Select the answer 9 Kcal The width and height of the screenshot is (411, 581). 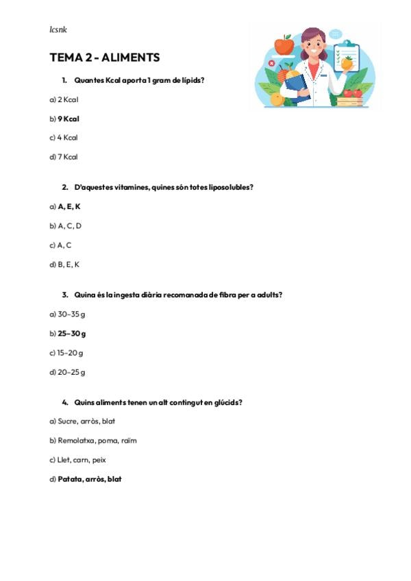[68, 119]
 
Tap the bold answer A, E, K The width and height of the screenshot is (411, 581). [69, 206]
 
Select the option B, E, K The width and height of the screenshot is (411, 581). [68, 264]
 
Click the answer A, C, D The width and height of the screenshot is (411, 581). [69, 225]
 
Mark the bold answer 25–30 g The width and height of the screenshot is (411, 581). [72, 334]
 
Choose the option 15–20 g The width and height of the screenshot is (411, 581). [71, 353]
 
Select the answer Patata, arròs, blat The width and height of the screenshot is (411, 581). [90, 479]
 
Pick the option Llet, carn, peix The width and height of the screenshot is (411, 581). [82, 460]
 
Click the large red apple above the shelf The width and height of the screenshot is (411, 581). [284, 45]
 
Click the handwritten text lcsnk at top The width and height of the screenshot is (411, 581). [58, 29]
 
